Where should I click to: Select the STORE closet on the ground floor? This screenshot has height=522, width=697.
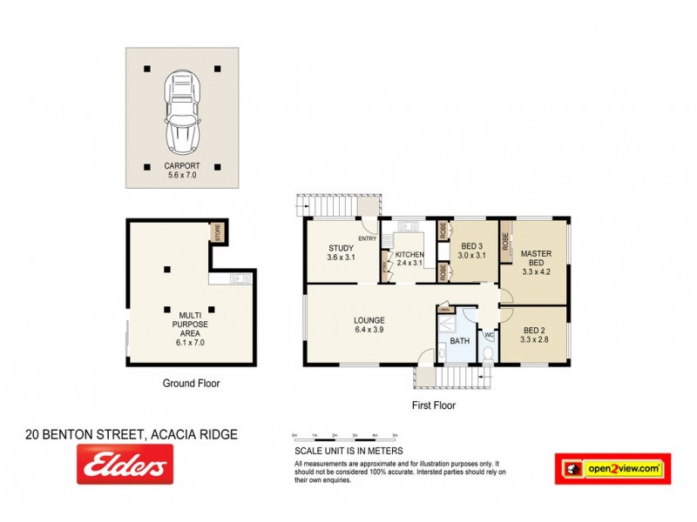(217, 233)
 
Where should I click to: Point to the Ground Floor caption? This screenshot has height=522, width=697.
(191, 383)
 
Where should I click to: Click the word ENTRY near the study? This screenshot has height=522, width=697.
(366, 239)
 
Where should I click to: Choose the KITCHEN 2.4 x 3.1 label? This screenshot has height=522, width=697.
(409, 258)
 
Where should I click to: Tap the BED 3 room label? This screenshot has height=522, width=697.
(470, 251)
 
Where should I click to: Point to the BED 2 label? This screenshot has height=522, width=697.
(536, 335)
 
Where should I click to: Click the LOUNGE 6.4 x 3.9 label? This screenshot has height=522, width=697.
(369, 325)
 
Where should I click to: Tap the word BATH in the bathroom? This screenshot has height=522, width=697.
(459, 341)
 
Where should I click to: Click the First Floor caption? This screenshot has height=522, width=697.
(433, 405)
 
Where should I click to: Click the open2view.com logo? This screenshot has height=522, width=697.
(612, 469)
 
